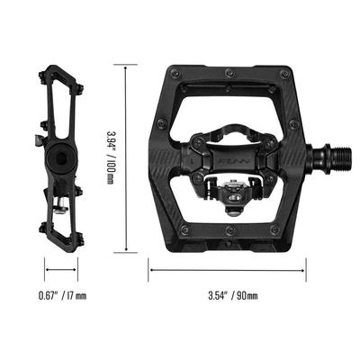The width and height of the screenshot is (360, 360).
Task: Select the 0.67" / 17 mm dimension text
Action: tap(63, 295)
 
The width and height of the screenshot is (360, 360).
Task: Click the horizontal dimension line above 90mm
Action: tap(227, 268)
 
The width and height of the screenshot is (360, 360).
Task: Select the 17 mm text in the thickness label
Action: tap(76, 295)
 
